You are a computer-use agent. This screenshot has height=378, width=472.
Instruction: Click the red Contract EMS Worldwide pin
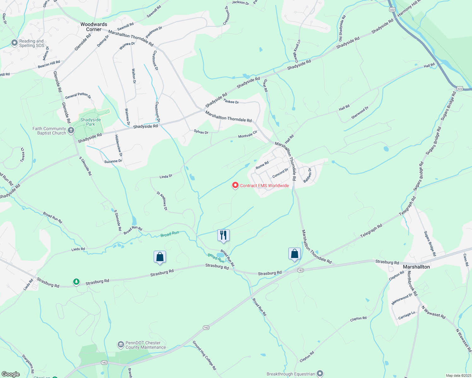coord(235,185)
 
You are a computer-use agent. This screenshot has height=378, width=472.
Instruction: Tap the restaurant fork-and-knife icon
coord(223,235)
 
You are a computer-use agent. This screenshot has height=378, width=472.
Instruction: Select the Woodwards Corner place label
coord(94,27)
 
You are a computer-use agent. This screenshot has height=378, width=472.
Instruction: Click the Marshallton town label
coord(416,267)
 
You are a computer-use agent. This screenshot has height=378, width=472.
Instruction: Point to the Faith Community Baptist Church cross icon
coord(71,130)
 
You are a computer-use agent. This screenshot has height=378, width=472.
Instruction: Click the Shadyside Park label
coord(91,122)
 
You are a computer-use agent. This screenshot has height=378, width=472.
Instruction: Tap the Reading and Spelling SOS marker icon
coord(14,43)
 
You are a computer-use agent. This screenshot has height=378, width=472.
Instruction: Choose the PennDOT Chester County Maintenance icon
coord(121,345)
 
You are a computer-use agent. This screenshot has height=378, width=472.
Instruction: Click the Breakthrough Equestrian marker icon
coord(320,374)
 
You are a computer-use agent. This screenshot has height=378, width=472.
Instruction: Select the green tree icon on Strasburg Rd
coord(76,282)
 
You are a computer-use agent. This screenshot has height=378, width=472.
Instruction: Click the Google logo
coord(10,374)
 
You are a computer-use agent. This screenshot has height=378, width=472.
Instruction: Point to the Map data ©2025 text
coord(458,375)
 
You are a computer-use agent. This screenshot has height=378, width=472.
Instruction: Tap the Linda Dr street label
coord(166,176)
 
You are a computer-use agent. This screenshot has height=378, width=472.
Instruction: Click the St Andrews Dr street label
coord(162,201)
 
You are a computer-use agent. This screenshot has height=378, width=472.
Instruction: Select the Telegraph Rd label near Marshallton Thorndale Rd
coord(371,230)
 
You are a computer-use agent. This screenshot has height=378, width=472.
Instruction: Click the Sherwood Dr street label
coord(360,113)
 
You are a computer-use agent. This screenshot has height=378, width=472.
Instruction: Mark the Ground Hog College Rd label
coord(204,355)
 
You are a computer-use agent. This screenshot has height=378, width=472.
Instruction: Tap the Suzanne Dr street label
coord(113,161)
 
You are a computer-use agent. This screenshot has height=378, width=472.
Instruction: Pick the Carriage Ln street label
coord(407,315)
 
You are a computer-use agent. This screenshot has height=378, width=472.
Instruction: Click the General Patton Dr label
coord(78,95)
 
